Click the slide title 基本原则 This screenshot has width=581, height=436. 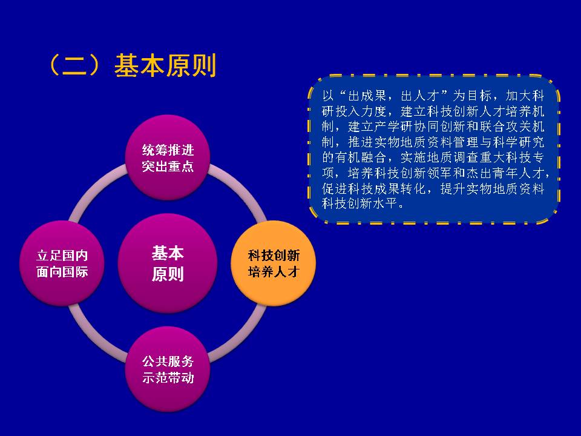click(165, 65)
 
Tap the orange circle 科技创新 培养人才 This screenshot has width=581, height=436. click(274, 263)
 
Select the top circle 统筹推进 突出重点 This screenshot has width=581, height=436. click(168, 157)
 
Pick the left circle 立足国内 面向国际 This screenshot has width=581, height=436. click(62, 263)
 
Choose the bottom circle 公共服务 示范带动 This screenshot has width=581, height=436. click(168, 369)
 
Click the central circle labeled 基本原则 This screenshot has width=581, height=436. click(168, 263)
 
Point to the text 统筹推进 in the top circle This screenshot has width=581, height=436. click(168, 150)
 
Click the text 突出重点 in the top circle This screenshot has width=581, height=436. click(168, 166)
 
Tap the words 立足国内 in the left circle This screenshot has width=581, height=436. click(62, 256)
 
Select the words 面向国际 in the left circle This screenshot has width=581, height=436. click(62, 272)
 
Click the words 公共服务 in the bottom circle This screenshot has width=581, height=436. click(168, 361)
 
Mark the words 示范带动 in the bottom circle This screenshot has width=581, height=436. click(168, 377)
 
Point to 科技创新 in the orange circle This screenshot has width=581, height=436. click(274, 256)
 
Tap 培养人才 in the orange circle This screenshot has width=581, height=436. click(274, 272)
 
